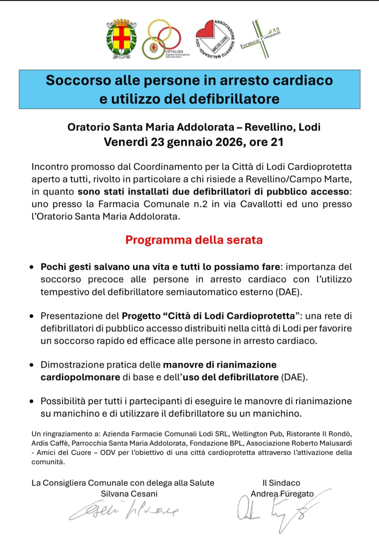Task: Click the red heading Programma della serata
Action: [x=194, y=239]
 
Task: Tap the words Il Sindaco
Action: [x=281, y=483]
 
